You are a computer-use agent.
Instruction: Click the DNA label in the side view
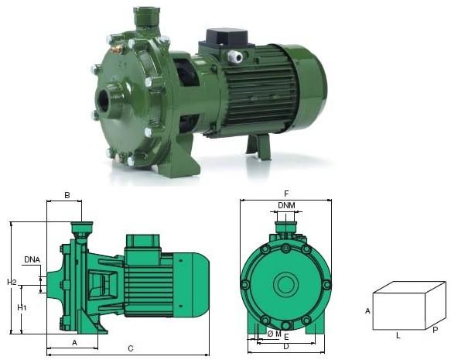pos(32,259)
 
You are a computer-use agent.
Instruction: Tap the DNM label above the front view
pos(286,205)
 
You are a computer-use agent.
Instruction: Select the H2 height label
pos(12,282)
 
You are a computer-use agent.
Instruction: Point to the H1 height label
pos(22,307)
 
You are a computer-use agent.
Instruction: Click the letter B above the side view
pos(67,195)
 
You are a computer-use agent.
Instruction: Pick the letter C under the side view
pos(131,348)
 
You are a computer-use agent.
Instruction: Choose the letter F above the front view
pos(286,194)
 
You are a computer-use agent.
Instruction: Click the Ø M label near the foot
pos(274,334)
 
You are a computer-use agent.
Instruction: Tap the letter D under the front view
pos(286,347)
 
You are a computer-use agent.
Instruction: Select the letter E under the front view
pos(286,337)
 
